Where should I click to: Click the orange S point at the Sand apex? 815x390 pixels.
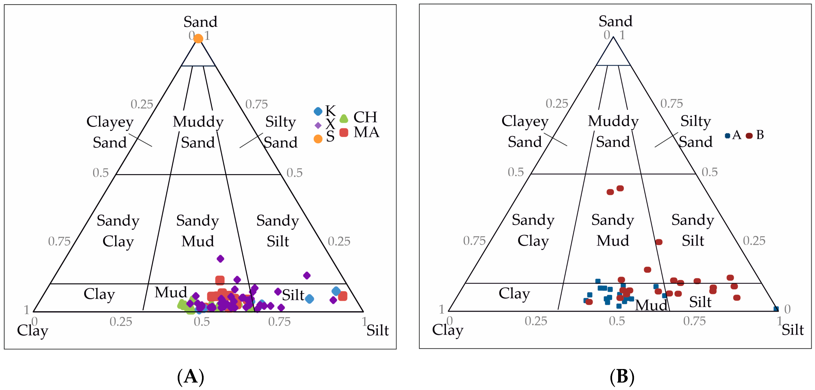pyautogui.click(x=198, y=38)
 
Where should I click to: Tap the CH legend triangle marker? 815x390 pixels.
pyautogui.click(x=344, y=119)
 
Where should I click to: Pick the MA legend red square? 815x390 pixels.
pyautogui.click(x=344, y=132)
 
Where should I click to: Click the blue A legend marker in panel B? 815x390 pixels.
pyautogui.click(x=727, y=136)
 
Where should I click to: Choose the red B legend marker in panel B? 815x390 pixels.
pyautogui.click(x=749, y=136)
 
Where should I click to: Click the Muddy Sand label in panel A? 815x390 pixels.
pyautogui.click(x=198, y=132)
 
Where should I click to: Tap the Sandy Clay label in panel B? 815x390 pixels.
pyautogui.click(x=533, y=230)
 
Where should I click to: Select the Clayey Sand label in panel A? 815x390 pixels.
pyautogui.click(x=110, y=132)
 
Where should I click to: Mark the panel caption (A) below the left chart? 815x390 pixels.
pyautogui.click(x=191, y=377)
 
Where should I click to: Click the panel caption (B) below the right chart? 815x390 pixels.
pyautogui.click(x=622, y=377)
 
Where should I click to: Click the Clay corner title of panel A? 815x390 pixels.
pyautogui.click(x=33, y=331)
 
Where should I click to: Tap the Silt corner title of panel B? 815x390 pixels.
pyautogui.click(x=793, y=330)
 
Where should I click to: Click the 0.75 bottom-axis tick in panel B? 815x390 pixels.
pyautogui.click(x=695, y=321)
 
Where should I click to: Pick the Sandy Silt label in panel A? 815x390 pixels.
pyautogui.click(x=278, y=231)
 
